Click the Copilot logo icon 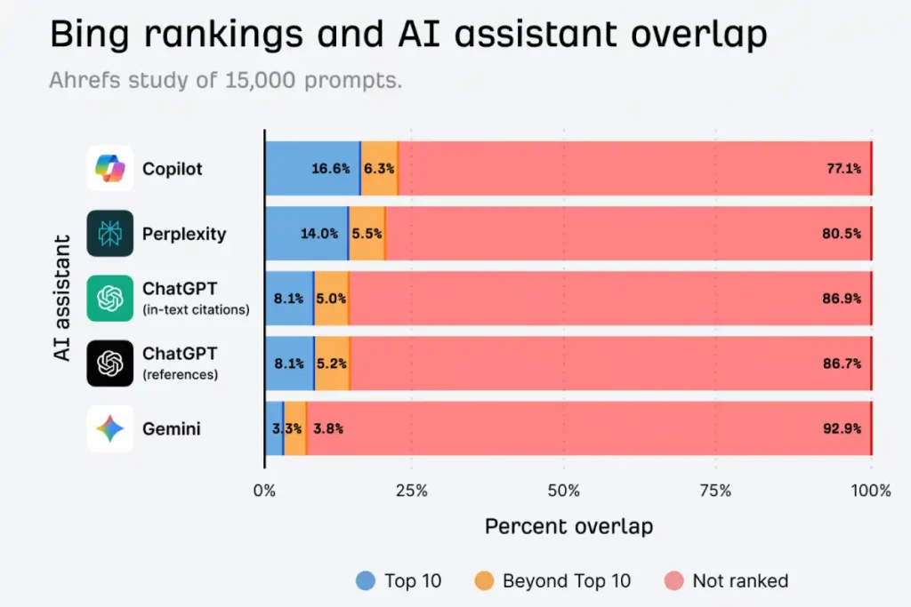click(x=110, y=168)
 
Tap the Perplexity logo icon click(x=110, y=234)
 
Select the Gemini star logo click(x=110, y=429)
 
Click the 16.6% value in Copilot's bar click(x=330, y=168)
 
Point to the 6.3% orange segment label click(x=379, y=168)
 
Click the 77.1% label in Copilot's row click(x=843, y=168)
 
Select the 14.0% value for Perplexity click(x=318, y=234)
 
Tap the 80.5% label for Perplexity click(x=843, y=234)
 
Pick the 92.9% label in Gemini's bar click(x=843, y=428)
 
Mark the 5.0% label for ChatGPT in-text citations click(x=331, y=299)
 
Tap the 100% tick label click(x=871, y=491)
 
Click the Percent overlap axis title click(x=568, y=526)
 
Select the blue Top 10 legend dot click(x=365, y=581)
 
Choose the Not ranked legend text click(x=740, y=581)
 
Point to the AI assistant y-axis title click(x=61, y=298)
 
